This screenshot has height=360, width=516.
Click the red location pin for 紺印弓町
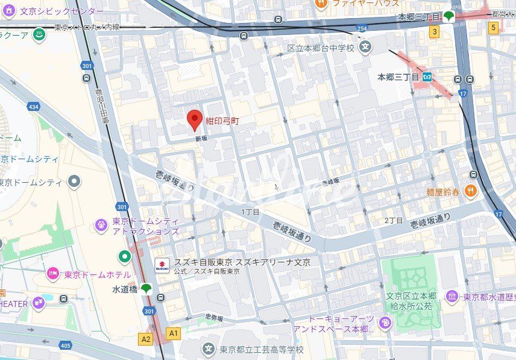[194, 119]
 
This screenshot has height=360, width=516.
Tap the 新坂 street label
[201, 138]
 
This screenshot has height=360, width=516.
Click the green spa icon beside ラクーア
[39, 34]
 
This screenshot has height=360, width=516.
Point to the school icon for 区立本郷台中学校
[365, 46]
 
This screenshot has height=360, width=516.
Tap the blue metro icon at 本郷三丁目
[427, 77]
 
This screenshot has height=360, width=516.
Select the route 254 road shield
[362, 28]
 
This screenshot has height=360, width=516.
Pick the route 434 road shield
[33, 107]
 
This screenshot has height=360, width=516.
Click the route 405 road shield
[65, 346]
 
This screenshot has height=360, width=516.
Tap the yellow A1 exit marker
[174, 332]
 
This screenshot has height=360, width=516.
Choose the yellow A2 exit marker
[146, 339]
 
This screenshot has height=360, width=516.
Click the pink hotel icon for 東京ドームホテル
[53, 273]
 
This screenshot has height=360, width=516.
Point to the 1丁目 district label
[250, 212]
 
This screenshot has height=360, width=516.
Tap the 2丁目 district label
[393, 220]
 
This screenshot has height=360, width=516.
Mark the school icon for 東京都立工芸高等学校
[208, 349]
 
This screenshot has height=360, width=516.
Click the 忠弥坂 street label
[214, 318]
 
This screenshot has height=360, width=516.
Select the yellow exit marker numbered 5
[494, 27]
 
